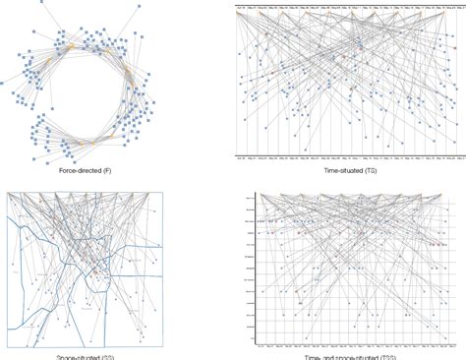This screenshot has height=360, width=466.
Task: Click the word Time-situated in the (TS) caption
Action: coord(340,172)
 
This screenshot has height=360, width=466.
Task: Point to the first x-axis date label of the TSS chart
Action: coord(258,341)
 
